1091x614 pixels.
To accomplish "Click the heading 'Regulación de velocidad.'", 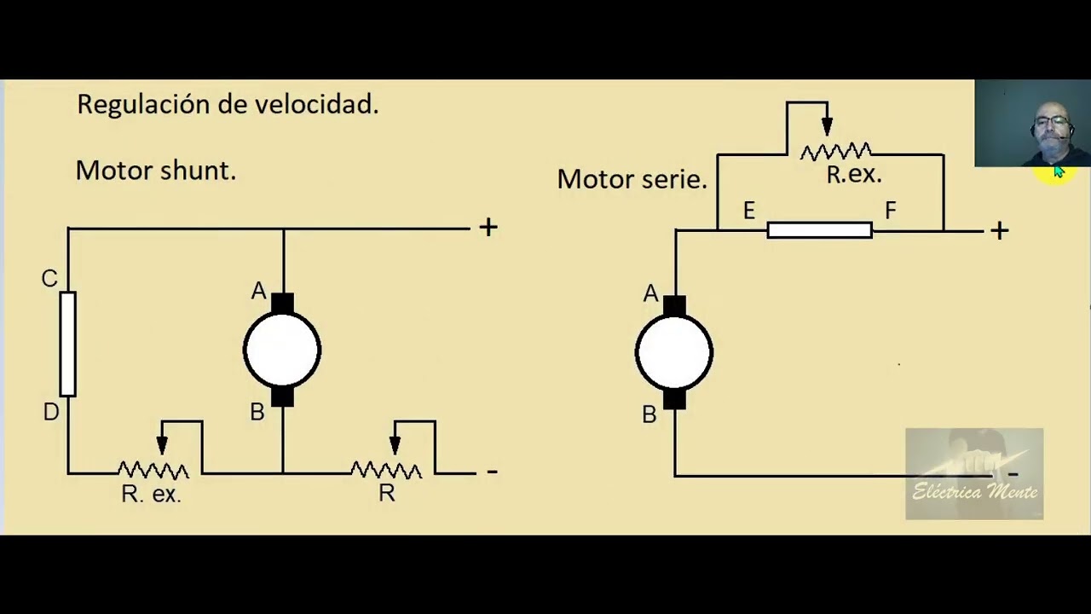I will click(x=228, y=105).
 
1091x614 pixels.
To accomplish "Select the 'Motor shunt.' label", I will click(x=155, y=171).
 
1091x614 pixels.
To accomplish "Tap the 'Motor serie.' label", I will click(x=632, y=179).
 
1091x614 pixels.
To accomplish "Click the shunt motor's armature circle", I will click(x=282, y=350).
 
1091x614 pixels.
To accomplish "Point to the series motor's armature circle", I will click(x=674, y=353).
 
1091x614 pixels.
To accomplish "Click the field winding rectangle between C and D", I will click(x=67, y=344).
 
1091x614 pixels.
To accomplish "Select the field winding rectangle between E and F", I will click(x=819, y=230).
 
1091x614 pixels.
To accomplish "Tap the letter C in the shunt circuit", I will click(x=49, y=279).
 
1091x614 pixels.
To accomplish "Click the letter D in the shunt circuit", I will click(x=50, y=413).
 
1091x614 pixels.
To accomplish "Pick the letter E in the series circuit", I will click(x=748, y=211).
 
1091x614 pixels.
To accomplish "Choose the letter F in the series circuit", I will click(x=891, y=211).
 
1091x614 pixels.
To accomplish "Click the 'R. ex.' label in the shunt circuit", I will click(x=151, y=495).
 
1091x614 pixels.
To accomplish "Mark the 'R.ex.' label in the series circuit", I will click(x=853, y=176).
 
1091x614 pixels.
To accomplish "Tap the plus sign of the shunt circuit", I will click(x=488, y=227).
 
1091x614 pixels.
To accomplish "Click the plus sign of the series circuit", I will click(x=999, y=230).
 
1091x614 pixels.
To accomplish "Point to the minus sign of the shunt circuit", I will click(x=492, y=471).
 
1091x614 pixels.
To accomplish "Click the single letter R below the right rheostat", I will click(x=386, y=495).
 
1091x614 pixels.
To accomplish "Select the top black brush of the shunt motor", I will click(x=282, y=303).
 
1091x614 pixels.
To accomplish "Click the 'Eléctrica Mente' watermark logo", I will click(x=974, y=474).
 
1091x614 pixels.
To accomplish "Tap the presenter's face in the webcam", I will click(x=1052, y=125).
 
